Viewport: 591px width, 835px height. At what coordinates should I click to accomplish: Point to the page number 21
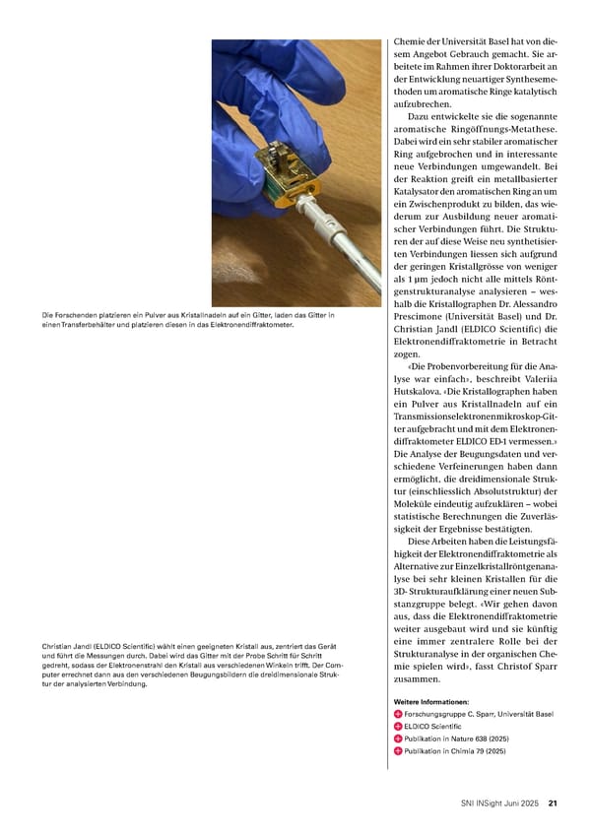pos(554,803)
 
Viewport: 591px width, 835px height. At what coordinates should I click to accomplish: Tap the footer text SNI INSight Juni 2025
pos(501,803)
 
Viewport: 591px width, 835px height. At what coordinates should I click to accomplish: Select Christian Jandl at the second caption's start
pos(73,646)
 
